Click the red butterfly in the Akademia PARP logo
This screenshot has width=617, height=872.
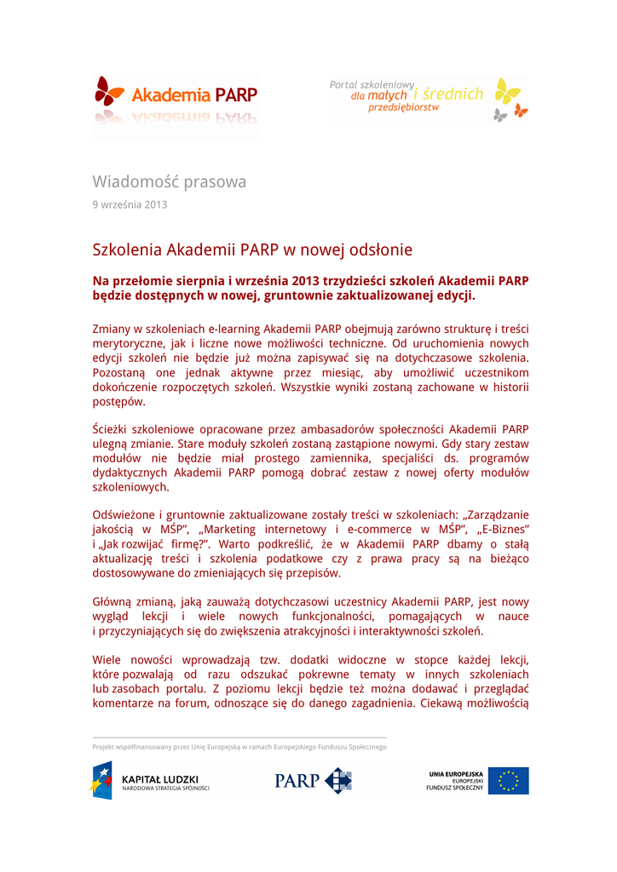tap(109, 91)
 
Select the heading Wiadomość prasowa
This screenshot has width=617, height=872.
tap(169, 181)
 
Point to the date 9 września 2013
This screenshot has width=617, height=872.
tap(130, 204)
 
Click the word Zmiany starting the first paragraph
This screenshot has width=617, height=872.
tap(112, 328)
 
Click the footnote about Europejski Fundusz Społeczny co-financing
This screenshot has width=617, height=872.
tap(239, 747)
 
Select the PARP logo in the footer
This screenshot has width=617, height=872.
tap(313, 781)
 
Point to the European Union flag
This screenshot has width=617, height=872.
tap(508, 781)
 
